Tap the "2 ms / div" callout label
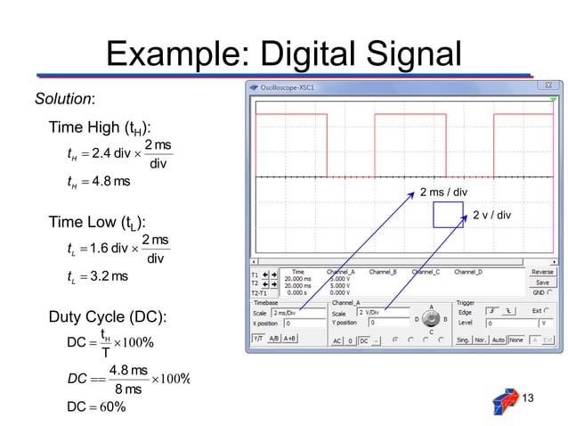tap(443, 191)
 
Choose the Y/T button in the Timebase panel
tap(257, 340)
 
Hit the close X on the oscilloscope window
tap(556, 88)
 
